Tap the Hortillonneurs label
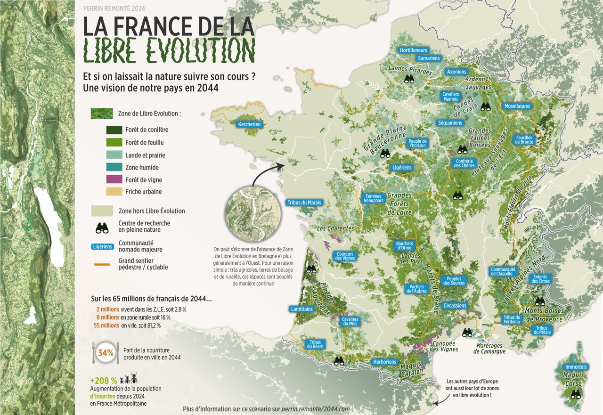point(413,50)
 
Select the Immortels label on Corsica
point(576,366)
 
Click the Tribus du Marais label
point(304,203)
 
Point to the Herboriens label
point(384,362)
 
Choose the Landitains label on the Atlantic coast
point(302,309)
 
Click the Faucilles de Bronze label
point(524,140)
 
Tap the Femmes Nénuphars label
point(373,198)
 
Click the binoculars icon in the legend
point(102,228)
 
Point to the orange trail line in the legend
point(102,264)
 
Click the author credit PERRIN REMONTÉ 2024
point(114,8)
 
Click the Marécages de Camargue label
point(490,349)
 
